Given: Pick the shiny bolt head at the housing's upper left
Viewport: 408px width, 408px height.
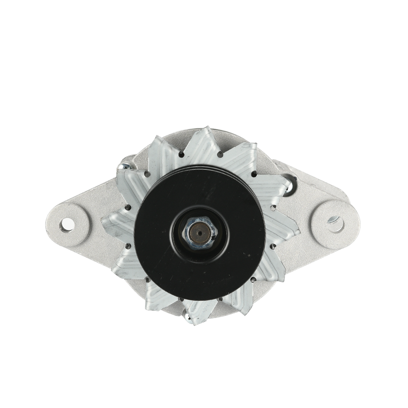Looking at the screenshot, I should (125, 166).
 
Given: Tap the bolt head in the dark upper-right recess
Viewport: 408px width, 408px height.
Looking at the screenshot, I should (288, 182).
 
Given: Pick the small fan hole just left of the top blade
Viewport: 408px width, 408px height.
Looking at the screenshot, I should (180, 154).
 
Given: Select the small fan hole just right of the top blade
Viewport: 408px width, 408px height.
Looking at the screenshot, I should (220, 155).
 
